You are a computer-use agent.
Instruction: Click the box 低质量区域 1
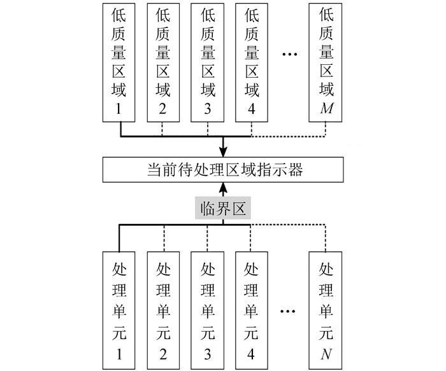click(x=119, y=62)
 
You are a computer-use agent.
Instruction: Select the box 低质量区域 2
click(x=163, y=62)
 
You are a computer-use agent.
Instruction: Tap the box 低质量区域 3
click(x=207, y=62)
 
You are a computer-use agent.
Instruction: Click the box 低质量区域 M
click(x=327, y=62)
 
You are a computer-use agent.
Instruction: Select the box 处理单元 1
click(x=119, y=309)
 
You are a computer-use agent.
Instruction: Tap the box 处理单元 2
click(x=163, y=309)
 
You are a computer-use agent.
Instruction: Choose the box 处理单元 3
click(x=207, y=309)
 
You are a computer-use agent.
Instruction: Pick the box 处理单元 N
click(x=327, y=309)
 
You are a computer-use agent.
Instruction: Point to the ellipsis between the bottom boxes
click(x=289, y=312)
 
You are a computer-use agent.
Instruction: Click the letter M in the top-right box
click(x=327, y=109)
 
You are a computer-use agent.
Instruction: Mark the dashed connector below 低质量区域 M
click(x=327, y=129)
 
